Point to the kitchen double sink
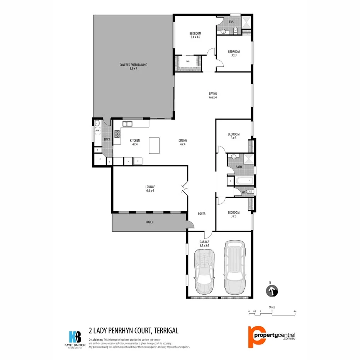click(127, 124)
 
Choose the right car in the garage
click(234, 267)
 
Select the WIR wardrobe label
click(188, 61)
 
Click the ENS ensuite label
click(231, 22)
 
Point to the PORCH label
click(149, 222)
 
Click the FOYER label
click(202, 213)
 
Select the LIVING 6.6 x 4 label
click(213, 95)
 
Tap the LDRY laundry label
click(107, 139)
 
